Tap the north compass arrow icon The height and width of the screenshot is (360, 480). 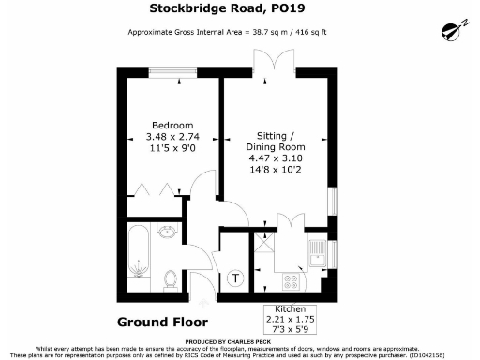pyautogui.click(x=453, y=32)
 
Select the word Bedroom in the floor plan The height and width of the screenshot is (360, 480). pyautogui.click(x=173, y=126)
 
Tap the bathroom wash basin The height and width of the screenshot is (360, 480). pyautogui.click(x=170, y=235)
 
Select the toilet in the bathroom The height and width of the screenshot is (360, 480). pyautogui.click(x=170, y=277)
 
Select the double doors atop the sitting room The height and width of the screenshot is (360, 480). pyautogui.click(x=273, y=66)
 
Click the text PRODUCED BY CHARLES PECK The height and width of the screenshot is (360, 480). pyautogui.click(x=239, y=341)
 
